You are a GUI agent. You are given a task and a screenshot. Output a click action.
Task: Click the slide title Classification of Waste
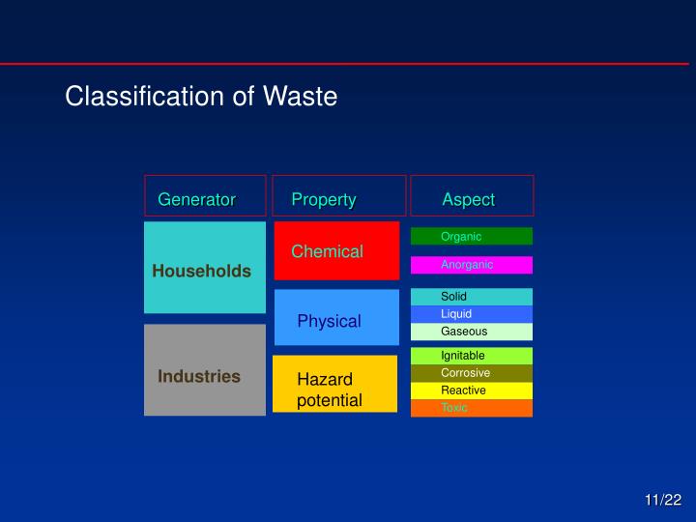tap(201, 97)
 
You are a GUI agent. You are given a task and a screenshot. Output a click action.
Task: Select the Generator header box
tap(205, 195)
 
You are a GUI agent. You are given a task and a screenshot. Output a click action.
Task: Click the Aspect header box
tap(472, 195)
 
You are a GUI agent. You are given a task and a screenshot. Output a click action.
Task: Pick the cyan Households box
tap(205, 268)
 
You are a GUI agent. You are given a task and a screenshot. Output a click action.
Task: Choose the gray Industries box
tap(205, 371)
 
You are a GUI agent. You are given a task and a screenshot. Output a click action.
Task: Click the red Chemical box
tap(335, 251)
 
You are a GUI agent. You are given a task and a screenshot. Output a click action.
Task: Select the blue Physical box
tap(335, 318)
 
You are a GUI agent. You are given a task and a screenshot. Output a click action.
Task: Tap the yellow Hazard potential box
tap(334, 385)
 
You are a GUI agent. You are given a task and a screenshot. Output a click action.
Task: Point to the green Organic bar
tap(472, 237)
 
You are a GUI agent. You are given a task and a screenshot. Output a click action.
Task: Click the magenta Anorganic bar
tap(472, 265)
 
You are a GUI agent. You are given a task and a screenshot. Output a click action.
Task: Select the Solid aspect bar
tap(472, 297)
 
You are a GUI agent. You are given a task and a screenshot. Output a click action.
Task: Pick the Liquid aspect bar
tap(472, 314)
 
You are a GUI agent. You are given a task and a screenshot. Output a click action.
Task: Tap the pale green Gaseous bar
tap(472, 332)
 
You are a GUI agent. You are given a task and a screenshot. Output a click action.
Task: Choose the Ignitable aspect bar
tap(472, 356)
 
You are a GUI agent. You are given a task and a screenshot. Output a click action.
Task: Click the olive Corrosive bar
tap(472, 373)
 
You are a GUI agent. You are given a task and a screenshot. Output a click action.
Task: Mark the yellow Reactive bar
tap(472, 391)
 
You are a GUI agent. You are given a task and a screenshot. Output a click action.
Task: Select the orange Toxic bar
tap(472, 408)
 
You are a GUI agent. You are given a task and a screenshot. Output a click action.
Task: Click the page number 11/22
tap(663, 500)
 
